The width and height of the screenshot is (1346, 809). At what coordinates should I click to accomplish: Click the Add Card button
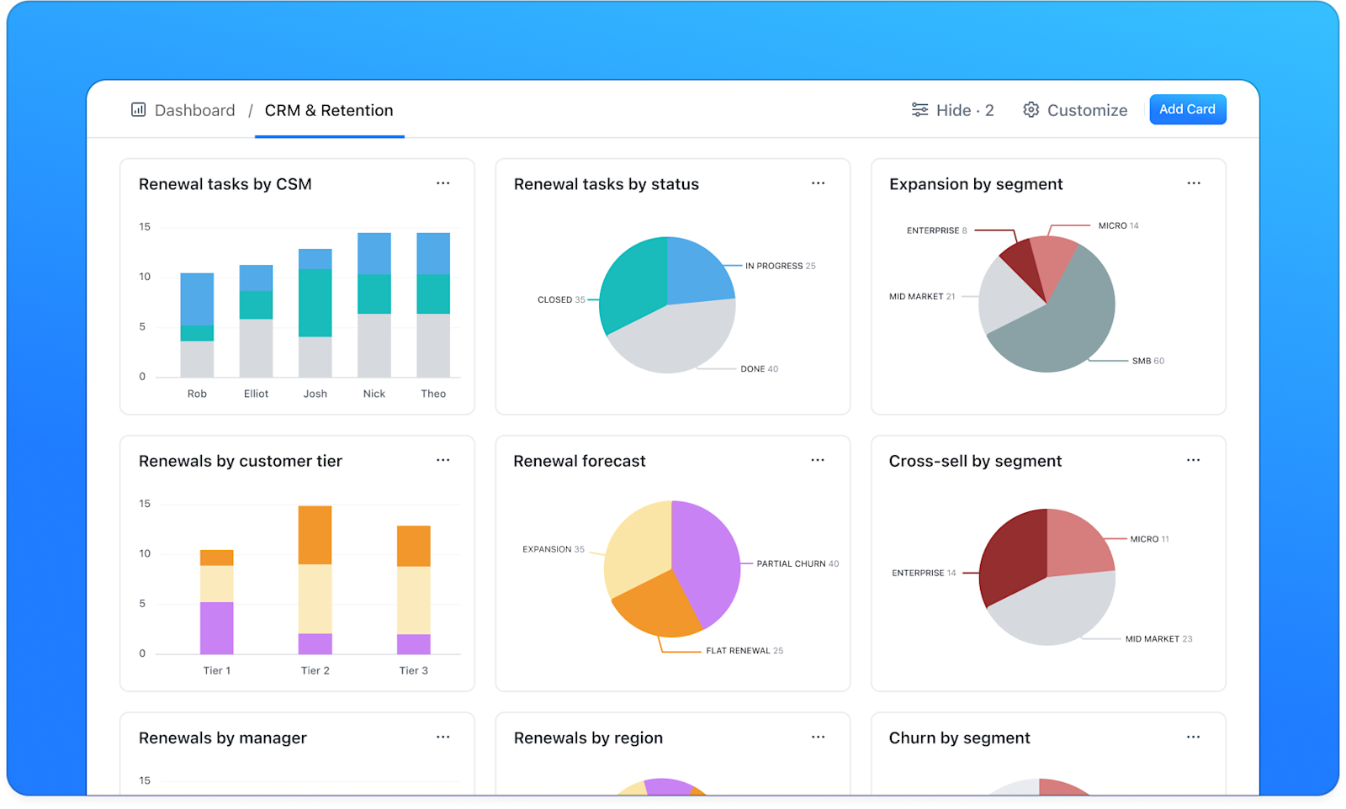pyautogui.click(x=1187, y=109)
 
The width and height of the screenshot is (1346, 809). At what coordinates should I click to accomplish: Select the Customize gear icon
pyautogui.click(x=1031, y=110)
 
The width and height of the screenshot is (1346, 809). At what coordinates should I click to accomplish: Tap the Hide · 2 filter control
pyautogui.click(x=952, y=110)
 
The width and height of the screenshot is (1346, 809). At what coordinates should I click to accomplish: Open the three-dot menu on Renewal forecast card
pyautogui.click(x=817, y=460)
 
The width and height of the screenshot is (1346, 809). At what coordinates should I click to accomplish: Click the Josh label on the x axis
pyautogui.click(x=315, y=394)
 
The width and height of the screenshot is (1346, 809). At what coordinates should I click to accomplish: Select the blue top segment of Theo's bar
pyautogui.click(x=433, y=253)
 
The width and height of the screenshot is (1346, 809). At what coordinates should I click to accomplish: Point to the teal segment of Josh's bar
pyautogui.click(x=315, y=303)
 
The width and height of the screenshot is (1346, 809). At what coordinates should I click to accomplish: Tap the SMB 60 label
pyautogui.click(x=1147, y=361)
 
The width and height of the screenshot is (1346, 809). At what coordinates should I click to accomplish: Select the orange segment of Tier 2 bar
pyautogui.click(x=315, y=535)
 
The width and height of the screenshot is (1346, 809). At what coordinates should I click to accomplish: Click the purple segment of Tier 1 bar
pyautogui.click(x=216, y=627)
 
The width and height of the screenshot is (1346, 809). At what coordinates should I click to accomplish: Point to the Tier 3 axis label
pyautogui.click(x=413, y=670)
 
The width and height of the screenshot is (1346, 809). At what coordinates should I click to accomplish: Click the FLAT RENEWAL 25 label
pyautogui.click(x=744, y=651)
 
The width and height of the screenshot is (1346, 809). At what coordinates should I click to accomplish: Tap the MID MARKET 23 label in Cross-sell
pyautogui.click(x=1158, y=639)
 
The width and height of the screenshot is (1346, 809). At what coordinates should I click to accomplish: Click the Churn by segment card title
pyautogui.click(x=959, y=738)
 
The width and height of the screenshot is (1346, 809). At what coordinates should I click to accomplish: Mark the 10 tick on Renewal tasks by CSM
pyautogui.click(x=145, y=277)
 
